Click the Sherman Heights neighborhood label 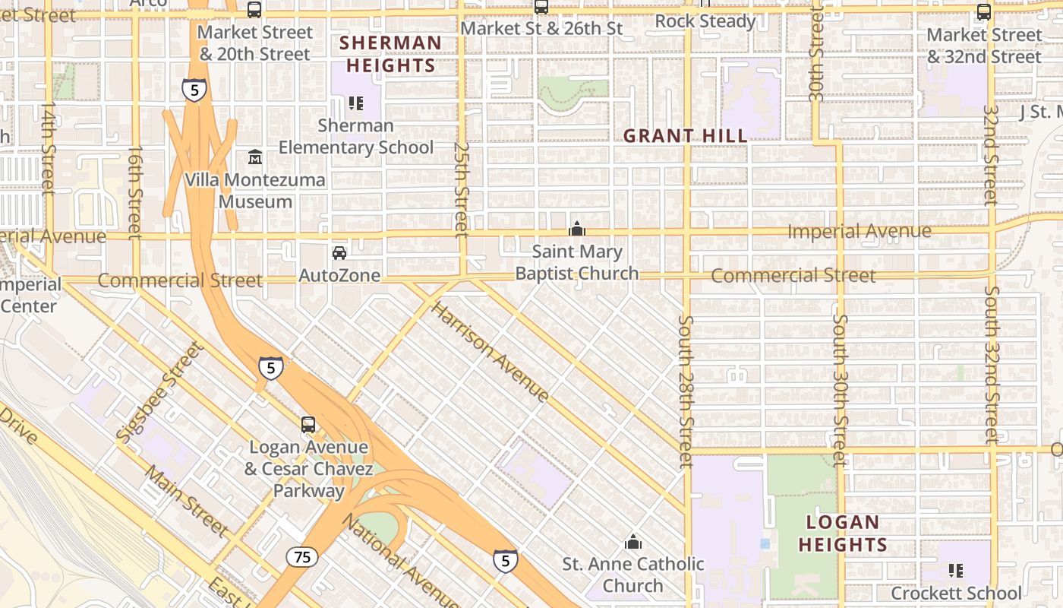coord(391,54)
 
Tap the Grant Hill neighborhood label coord(685,136)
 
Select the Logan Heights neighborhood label coord(842,534)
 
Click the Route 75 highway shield coord(302,557)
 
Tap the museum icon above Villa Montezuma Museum coord(255,158)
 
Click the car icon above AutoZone coord(339,252)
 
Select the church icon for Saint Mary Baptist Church coord(577,229)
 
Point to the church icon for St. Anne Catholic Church coord(632,542)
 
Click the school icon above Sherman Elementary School coord(355,103)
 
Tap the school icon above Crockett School coord(956,570)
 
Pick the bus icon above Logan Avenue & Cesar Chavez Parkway coord(308,425)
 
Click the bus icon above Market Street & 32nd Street coord(984,12)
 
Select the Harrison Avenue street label coord(490,351)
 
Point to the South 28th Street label coord(686,391)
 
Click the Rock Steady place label coord(705,21)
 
